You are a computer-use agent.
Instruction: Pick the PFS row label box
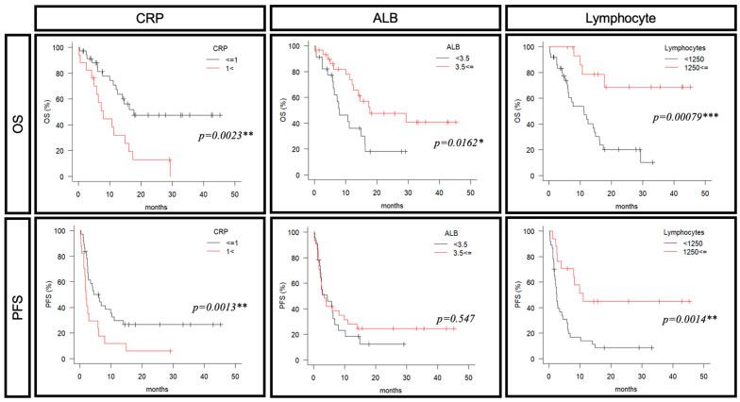(x=16, y=299)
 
